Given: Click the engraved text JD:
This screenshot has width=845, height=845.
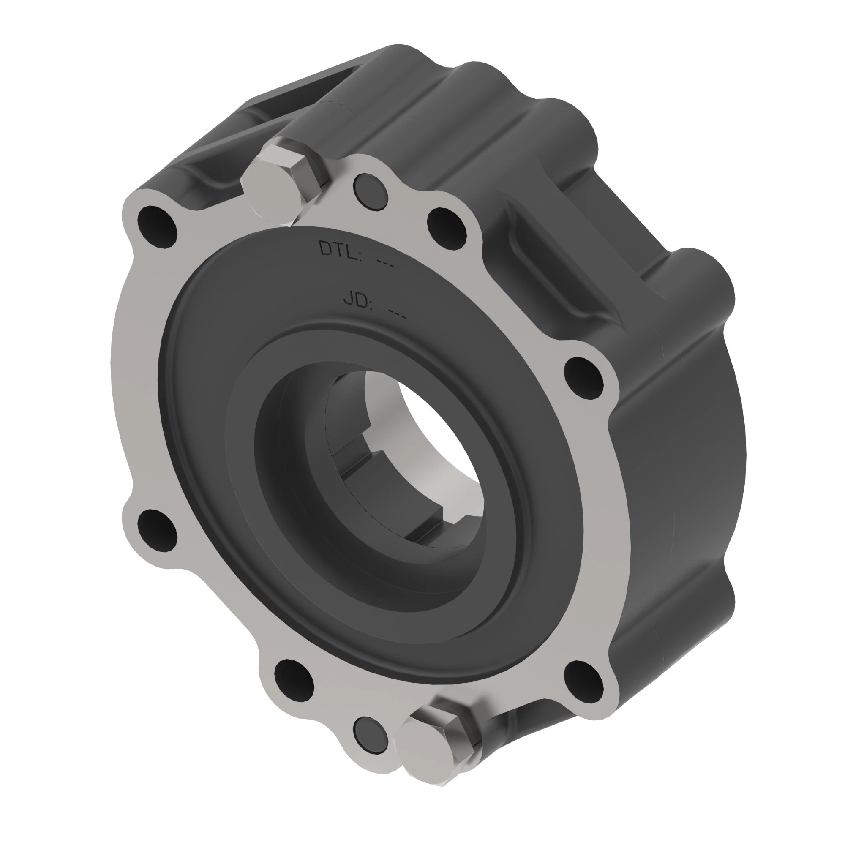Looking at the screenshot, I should [357, 300].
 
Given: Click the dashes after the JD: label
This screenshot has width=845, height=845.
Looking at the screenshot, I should [398, 314].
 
